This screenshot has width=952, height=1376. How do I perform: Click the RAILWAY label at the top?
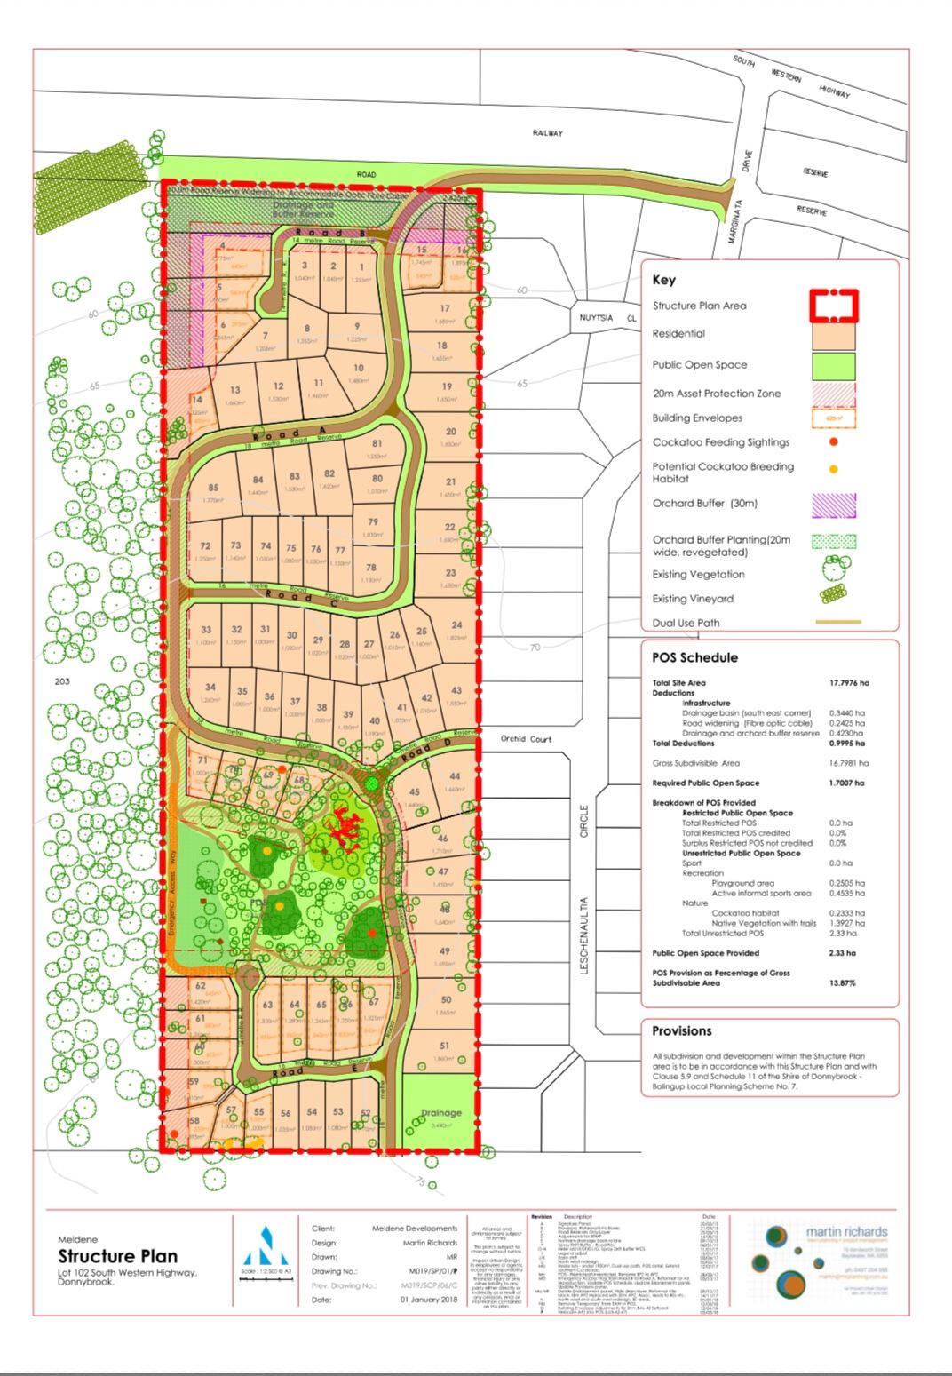(548, 133)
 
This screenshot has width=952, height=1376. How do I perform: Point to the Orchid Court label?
(526, 738)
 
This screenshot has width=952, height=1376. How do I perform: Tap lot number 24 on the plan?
(456, 625)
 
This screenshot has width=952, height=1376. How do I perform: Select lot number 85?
(213, 488)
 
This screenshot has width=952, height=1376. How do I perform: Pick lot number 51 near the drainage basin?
(444, 1046)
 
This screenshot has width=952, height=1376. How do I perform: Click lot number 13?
(234, 390)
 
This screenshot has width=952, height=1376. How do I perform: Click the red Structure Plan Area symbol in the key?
(833, 305)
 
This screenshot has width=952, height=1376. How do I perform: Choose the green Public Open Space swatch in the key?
(833, 365)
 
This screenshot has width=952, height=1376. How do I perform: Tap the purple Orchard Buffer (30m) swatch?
(833, 505)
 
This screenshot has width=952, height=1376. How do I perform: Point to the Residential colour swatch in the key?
(833, 334)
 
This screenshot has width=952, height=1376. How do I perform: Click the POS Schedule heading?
(694, 658)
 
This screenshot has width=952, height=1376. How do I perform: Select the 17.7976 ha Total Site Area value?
(848, 682)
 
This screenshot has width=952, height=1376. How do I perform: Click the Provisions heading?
(682, 1031)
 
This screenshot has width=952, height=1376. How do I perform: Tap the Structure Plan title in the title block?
(118, 1256)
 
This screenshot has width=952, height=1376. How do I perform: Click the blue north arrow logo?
(266, 1245)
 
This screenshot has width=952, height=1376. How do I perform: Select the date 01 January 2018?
(428, 1300)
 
